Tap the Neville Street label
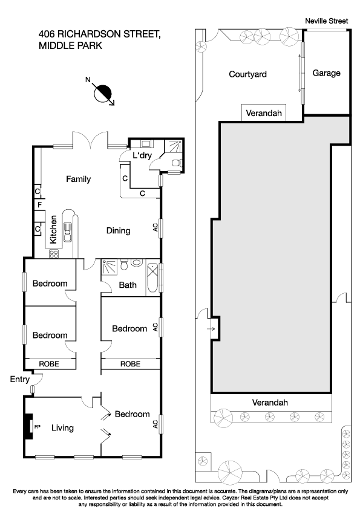pyautogui.click(x=326, y=21)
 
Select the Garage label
pyautogui.click(x=326, y=73)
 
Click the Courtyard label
pyautogui.click(x=247, y=74)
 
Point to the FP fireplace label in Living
pyautogui.click(x=37, y=426)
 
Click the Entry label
pyautogui.click(x=20, y=379)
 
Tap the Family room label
pyautogui.click(x=79, y=179)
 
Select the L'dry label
pyautogui.click(x=143, y=156)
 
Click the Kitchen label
pyautogui.click(x=53, y=229)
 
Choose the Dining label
pyautogui.click(x=118, y=230)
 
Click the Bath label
pyautogui.click(x=128, y=285)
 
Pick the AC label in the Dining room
pyautogui.click(x=155, y=228)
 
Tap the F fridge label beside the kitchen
pyautogui.click(x=38, y=206)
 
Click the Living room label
pyautogui.click(x=62, y=428)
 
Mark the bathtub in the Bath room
pyautogui.click(x=152, y=278)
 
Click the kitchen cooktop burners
pyautogui.click(x=53, y=254)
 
